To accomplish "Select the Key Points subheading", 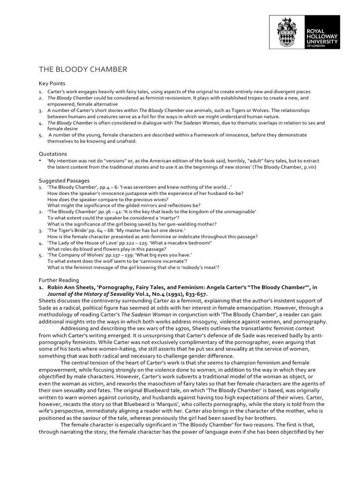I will [52, 82].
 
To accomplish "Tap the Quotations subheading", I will [52, 153].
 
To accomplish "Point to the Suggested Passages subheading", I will [64, 180].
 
